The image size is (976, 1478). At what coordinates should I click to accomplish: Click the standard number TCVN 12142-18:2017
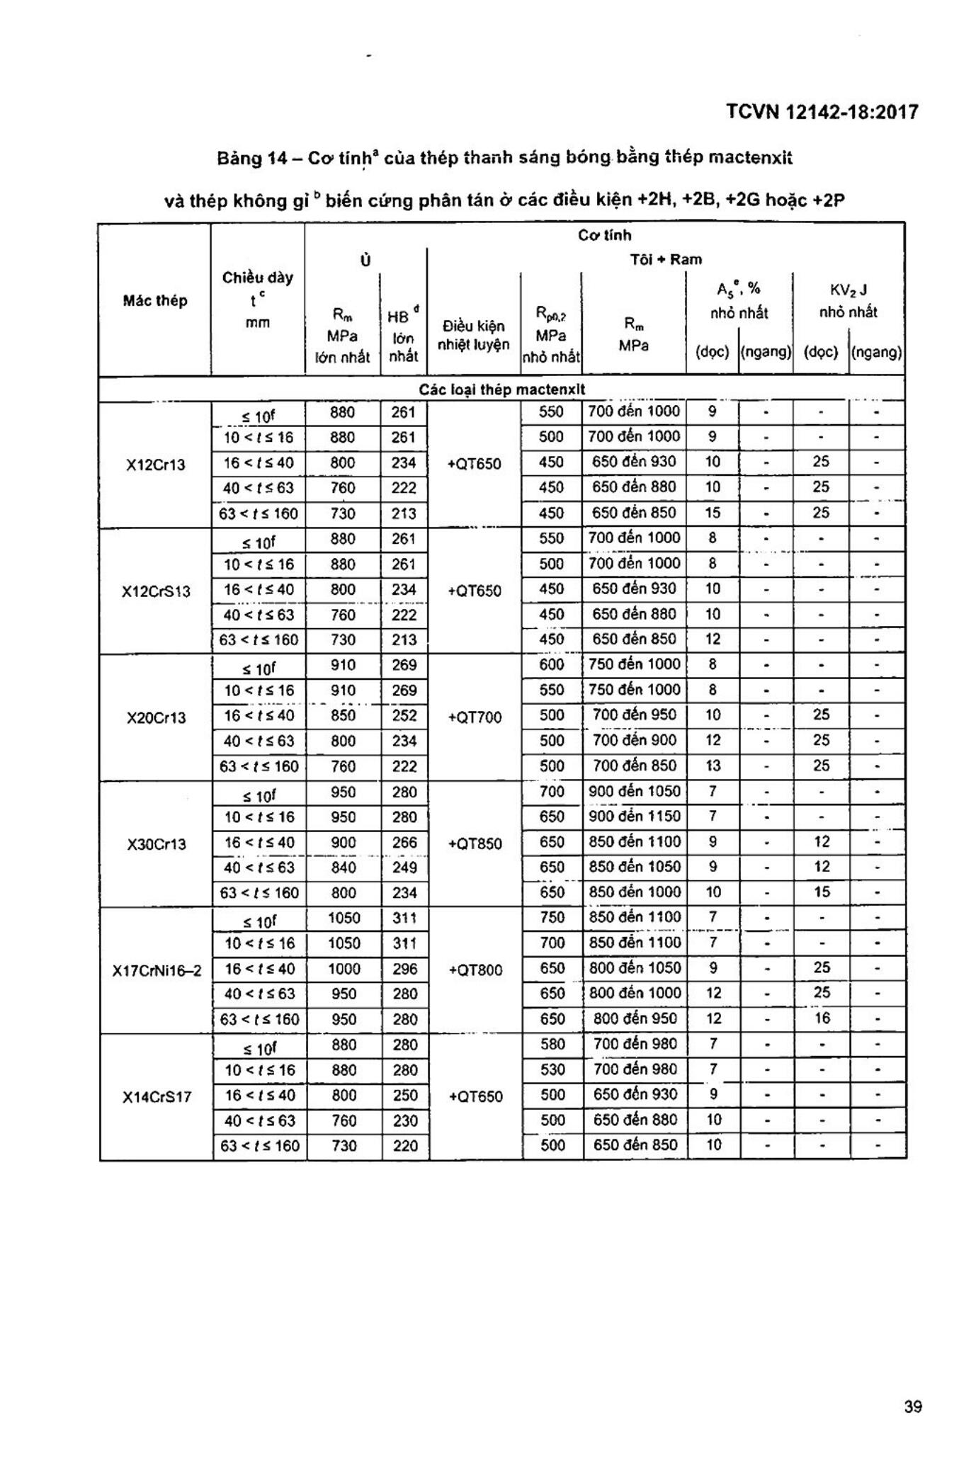coord(822,112)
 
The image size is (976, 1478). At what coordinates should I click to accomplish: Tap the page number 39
coord(913,1406)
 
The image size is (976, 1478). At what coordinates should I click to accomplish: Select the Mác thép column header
coord(155,300)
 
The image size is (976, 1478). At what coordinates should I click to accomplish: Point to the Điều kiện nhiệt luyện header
coord(474,335)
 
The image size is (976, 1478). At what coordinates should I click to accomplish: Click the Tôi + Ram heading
coord(666,259)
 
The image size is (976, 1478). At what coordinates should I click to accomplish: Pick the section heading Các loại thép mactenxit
coord(501,390)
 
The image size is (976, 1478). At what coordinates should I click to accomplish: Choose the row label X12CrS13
coord(156,591)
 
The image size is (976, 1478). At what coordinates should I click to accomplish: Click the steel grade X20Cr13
coord(156,718)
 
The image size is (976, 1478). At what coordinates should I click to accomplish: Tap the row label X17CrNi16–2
coord(156,970)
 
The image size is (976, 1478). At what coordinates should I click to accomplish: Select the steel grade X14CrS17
coord(156,1097)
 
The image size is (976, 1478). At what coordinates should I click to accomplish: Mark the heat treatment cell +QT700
coord(475,717)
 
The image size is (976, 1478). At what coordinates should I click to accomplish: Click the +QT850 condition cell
coord(475,843)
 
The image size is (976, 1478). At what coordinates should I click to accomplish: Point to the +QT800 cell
coord(475,970)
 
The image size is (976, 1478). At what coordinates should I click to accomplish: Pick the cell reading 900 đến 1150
coord(635,817)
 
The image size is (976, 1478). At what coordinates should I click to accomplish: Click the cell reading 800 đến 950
coord(635,1018)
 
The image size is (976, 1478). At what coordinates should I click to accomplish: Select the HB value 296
coord(404,969)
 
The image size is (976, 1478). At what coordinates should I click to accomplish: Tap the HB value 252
coord(404,715)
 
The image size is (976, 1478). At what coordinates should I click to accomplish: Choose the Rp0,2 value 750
coord(552,918)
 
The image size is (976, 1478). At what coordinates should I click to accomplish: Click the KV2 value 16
coord(821,1018)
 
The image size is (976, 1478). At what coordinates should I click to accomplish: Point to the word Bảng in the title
coord(240,159)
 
